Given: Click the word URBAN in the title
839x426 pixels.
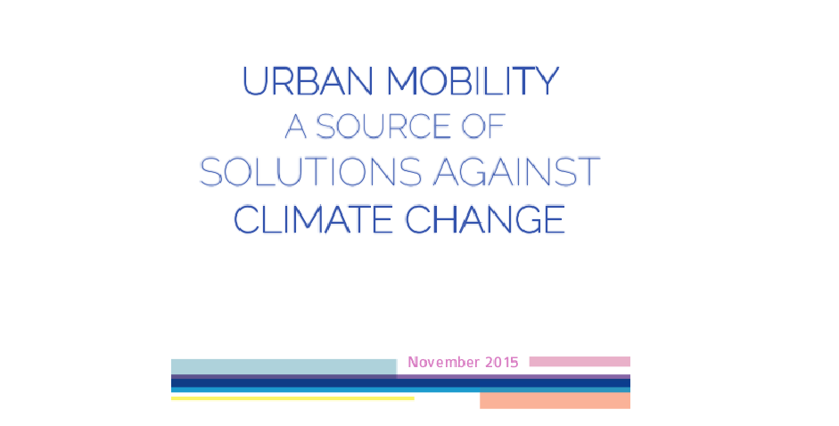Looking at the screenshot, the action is tap(308, 81).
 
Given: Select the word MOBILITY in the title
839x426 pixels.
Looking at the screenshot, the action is tap(473, 81).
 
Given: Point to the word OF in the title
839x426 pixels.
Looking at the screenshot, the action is tap(484, 127).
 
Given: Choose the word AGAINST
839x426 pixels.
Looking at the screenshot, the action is tap(516, 172).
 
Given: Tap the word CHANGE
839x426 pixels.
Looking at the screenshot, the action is tap(485, 219).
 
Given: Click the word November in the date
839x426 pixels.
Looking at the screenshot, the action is tap(444, 363).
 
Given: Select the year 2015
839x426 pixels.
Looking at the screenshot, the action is tap(502, 363).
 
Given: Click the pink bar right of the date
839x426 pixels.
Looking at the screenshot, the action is tap(580, 362).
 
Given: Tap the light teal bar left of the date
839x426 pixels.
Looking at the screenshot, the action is tap(284, 367).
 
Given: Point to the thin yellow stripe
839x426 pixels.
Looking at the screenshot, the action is tap(292, 398).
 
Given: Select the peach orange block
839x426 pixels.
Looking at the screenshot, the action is tap(555, 401).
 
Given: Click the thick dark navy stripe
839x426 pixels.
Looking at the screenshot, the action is tap(400, 383).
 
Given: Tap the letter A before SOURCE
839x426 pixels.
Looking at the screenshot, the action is tap(295, 127).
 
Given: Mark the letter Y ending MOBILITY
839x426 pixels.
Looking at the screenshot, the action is tap(547, 81).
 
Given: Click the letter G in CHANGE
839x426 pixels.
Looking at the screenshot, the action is tap(524, 219).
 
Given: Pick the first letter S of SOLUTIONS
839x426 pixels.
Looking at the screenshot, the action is tap(210, 172).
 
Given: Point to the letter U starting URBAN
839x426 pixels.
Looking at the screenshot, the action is tap(255, 81).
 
